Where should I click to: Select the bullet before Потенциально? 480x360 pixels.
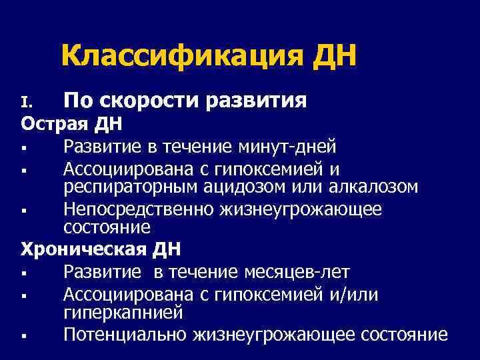pyautogui.click(x=24, y=335)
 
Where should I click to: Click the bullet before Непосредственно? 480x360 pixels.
pyautogui.click(x=24, y=210)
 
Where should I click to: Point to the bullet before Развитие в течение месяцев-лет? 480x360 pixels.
pyautogui.click(x=24, y=273)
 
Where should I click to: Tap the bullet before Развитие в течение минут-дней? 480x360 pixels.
pyautogui.click(x=24, y=147)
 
